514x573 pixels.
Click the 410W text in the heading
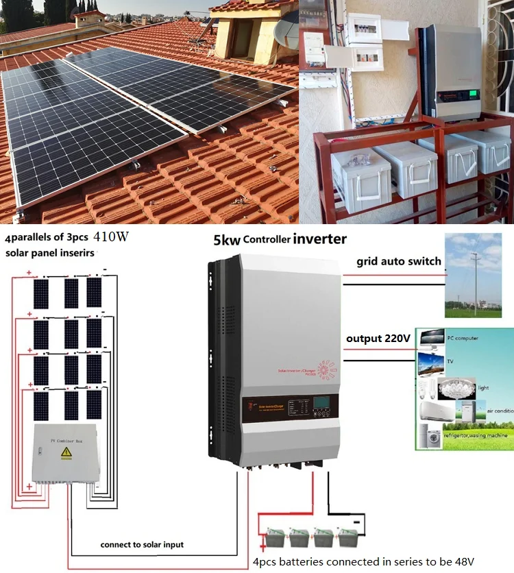point(111,239)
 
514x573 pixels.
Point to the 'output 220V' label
point(378,339)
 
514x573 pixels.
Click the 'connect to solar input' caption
point(142,544)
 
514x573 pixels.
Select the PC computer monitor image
point(432,339)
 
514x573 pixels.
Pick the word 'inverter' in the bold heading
point(320,239)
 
